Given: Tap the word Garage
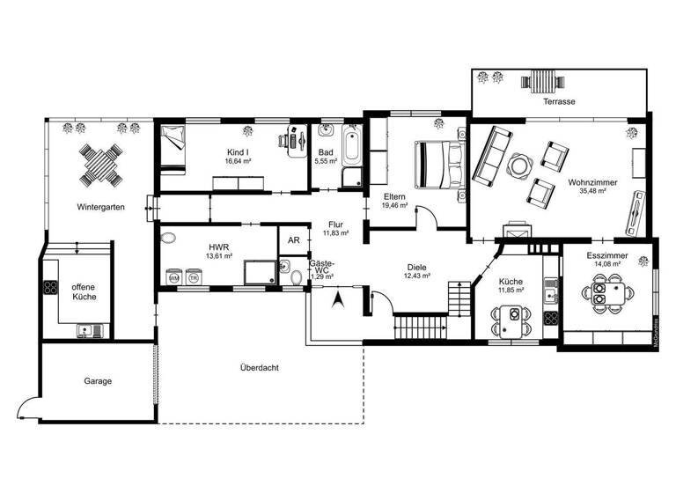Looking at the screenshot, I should tap(98, 381).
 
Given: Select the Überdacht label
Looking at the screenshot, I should tap(259, 367).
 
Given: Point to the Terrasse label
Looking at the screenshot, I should tap(559, 102).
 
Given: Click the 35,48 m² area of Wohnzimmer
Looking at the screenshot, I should tap(591, 191).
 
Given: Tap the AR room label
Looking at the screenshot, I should tap(292, 239).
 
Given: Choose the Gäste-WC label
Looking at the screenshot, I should tap(321, 268).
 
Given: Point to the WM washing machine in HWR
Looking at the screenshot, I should tap(173, 277).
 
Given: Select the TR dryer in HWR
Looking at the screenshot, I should tap(193, 277).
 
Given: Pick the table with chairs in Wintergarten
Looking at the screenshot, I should tap(99, 164).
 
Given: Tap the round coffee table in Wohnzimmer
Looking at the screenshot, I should tap(519, 164).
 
